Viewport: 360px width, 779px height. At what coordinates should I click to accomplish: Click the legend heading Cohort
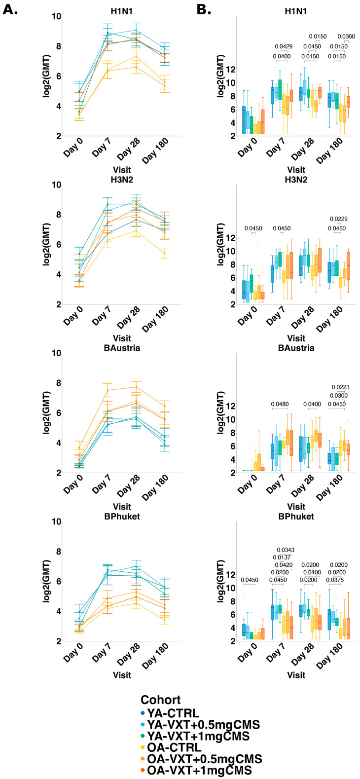(160, 700)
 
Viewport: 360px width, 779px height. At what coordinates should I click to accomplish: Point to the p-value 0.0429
(284, 46)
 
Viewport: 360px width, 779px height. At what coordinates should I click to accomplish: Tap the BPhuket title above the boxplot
(296, 517)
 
